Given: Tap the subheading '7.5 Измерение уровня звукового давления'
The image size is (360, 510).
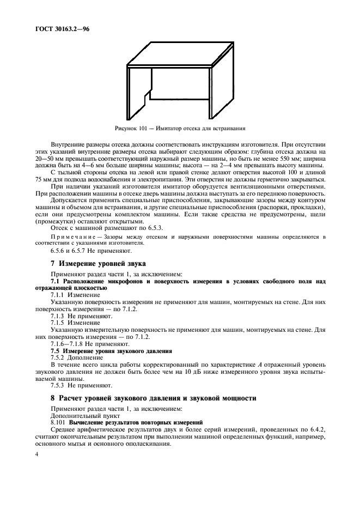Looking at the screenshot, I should pos(111,351).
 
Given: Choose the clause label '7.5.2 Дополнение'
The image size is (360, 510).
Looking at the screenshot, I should pos(75,358).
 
